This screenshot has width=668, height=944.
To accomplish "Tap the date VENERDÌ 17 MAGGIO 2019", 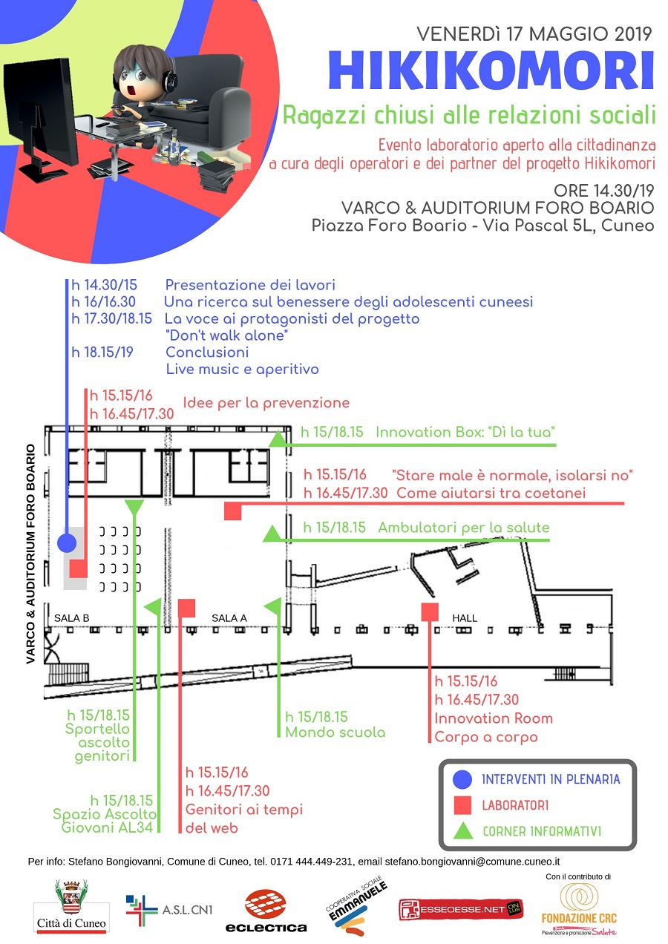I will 534,33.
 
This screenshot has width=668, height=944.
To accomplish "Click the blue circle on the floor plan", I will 67,543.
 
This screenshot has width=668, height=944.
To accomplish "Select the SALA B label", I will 72,617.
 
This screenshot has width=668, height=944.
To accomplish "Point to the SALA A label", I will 229,617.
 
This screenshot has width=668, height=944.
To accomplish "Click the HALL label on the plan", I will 465,617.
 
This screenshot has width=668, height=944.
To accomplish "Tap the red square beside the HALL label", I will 430,612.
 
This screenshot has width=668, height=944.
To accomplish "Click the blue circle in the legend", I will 462,779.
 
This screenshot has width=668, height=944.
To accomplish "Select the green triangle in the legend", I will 462,830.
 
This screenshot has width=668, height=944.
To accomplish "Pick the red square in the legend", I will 462,805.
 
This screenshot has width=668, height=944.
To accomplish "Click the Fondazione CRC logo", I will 578,907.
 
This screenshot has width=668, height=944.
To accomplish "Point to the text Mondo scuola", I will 335,732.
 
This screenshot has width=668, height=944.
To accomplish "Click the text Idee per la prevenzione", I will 266,403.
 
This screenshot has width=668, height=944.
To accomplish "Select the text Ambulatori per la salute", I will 463,528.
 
